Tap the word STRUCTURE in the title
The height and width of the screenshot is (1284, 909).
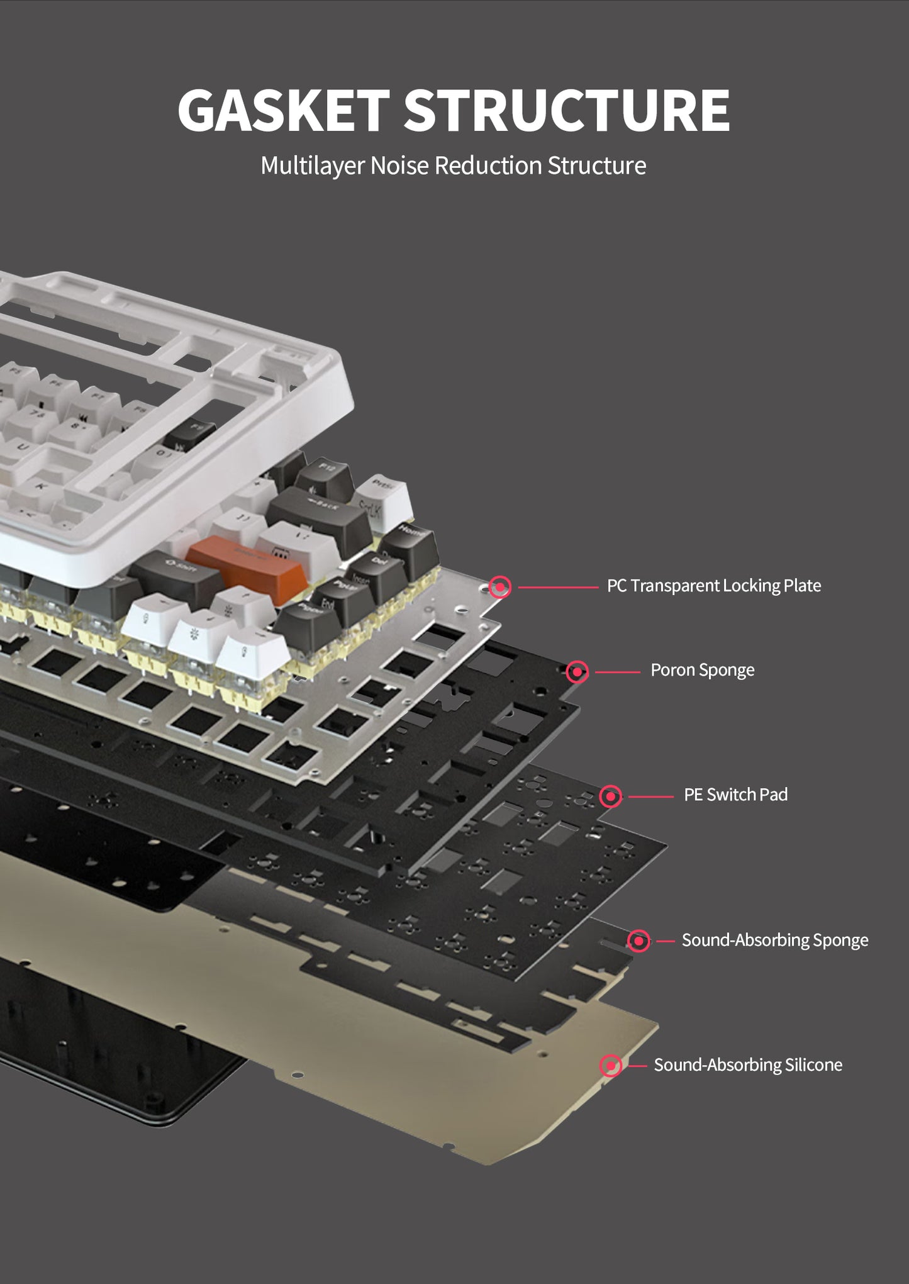(566, 110)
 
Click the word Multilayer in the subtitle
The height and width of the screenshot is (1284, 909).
(313, 166)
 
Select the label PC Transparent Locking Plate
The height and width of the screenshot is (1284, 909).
(713, 586)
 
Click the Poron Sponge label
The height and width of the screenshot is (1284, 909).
(702, 670)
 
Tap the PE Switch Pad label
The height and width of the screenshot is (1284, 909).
(735, 795)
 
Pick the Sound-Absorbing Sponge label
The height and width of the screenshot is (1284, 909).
(774, 940)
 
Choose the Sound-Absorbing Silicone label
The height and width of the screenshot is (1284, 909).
(747, 1064)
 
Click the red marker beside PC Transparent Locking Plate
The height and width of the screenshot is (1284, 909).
(500, 587)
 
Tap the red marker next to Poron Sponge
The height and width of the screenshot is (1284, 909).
(577, 672)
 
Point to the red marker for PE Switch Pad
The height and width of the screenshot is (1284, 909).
(610, 796)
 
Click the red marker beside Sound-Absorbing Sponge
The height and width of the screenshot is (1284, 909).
(639, 941)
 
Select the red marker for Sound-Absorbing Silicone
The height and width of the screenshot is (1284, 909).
(610, 1066)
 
